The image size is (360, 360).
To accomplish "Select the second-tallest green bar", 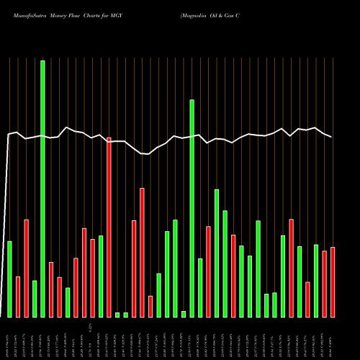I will click(x=192, y=208).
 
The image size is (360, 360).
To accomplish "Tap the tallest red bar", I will click(x=109, y=227).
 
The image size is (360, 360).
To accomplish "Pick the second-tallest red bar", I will click(x=142, y=252).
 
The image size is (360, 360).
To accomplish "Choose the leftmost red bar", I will click(x=18, y=297).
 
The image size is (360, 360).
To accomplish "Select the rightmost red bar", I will click(x=333, y=282).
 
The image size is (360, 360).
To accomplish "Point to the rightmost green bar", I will click(x=316, y=281).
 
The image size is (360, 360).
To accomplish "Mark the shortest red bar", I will click(x=150, y=306).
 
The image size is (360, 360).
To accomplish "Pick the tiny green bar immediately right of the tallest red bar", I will click(x=117, y=315).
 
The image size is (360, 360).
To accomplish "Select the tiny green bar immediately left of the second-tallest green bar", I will click(x=184, y=314).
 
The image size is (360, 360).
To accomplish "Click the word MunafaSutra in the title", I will click(x=24, y=14).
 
